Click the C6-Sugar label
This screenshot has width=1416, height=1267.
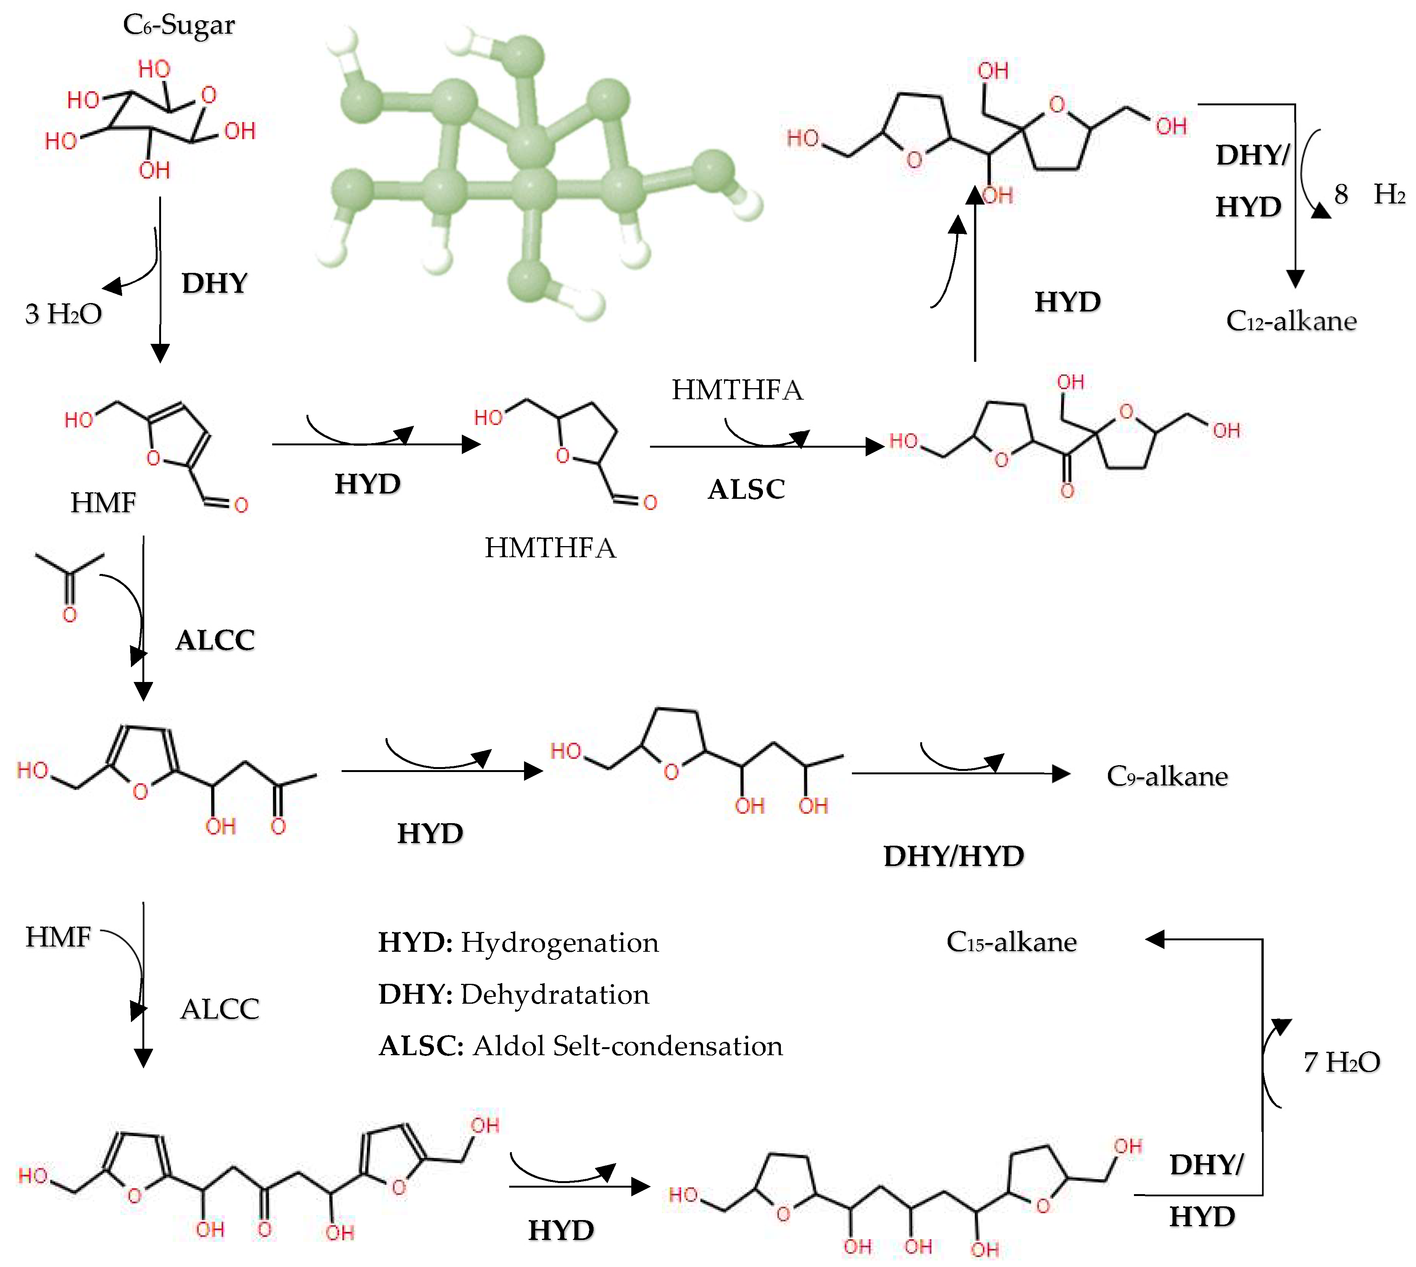pos(179,25)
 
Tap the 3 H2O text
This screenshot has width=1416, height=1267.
pos(63,314)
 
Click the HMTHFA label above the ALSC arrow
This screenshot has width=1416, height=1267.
pos(737,390)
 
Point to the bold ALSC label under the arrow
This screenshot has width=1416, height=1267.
pos(746,489)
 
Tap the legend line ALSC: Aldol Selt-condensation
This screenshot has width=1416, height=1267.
pos(580,1046)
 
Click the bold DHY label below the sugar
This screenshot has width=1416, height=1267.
pos(214,283)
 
